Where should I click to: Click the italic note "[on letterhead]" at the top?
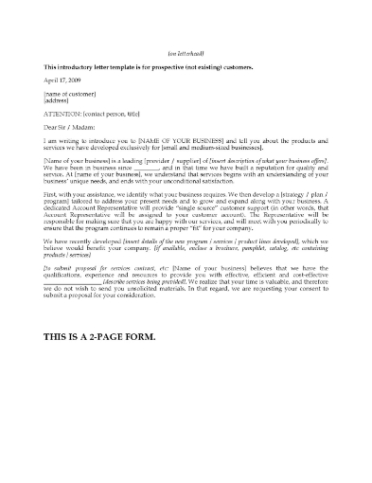pyautogui.click(x=186, y=53)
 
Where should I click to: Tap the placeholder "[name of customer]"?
pyautogui.click(x=70, y=97)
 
